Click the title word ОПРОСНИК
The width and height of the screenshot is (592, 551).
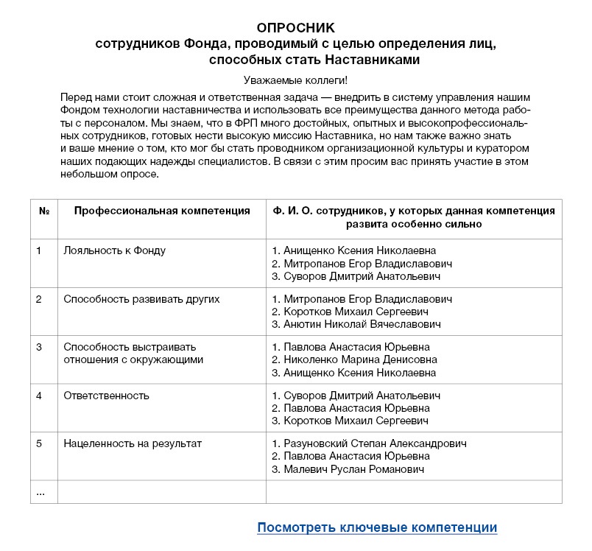295,27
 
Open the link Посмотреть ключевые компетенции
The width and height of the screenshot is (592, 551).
377,527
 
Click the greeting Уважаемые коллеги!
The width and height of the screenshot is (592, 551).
295,80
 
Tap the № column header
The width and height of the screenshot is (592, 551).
43,211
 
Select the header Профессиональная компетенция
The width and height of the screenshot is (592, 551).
162,211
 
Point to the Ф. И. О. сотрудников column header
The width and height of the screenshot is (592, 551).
413,217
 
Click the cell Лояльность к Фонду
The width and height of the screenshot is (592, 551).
115,250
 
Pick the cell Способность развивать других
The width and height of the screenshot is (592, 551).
141,299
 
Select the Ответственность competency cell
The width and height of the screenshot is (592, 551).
107,396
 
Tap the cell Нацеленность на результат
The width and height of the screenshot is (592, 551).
133,443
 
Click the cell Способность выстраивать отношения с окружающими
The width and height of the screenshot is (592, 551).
133,354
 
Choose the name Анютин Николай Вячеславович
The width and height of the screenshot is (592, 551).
362,324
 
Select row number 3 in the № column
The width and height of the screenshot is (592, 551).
39,347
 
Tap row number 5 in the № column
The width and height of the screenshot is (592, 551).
39,443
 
